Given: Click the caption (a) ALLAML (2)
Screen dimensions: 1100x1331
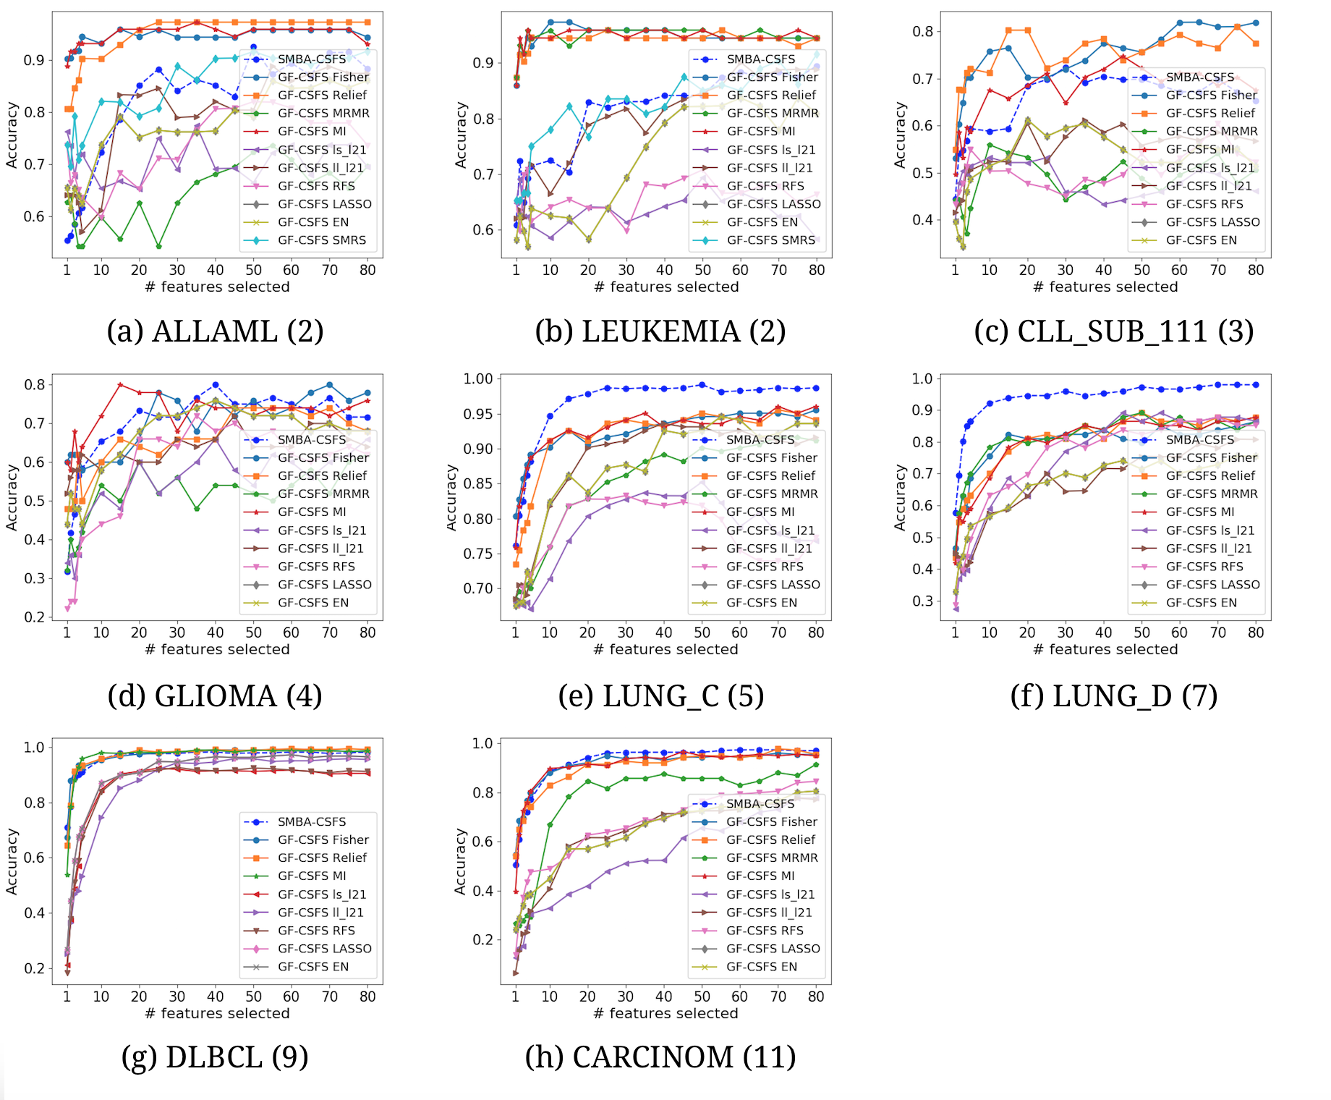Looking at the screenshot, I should [215, 331].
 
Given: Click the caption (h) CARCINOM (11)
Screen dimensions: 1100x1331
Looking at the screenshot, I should [660, 1057].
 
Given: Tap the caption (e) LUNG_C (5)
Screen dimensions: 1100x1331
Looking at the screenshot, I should [660, 696].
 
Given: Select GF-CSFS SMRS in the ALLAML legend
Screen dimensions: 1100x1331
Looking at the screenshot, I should [321, 240].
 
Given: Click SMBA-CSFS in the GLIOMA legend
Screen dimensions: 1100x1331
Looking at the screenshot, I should [311, 439].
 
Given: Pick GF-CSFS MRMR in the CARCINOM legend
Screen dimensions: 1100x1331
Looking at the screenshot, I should [771, 858].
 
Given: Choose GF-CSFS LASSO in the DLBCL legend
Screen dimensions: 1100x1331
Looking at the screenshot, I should [324, 948].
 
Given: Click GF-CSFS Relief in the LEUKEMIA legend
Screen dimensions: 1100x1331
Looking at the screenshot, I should [770, 95].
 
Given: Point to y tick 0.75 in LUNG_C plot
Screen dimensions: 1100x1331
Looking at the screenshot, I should [477, 554].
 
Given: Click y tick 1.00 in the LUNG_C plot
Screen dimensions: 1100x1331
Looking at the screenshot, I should [477, 378].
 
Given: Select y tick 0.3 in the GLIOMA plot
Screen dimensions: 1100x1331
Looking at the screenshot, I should [35, 578].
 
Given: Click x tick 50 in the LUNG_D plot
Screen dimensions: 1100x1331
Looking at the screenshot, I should [1141, 632].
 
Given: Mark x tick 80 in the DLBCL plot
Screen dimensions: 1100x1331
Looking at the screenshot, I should [367, 997].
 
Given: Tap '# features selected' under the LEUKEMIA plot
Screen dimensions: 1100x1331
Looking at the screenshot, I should [665, 287].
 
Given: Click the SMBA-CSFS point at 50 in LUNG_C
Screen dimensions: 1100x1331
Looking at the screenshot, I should [702, 385].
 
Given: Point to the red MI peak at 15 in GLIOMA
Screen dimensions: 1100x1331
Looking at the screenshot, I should [120, 385].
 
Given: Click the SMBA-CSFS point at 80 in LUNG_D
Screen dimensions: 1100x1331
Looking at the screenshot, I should [1256, 384].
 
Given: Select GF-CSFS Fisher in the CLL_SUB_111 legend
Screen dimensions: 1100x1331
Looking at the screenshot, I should [1211, 95].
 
